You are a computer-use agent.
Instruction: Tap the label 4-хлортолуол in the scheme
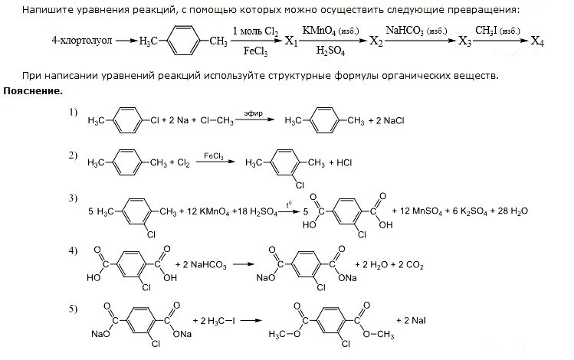[x=67, y=41]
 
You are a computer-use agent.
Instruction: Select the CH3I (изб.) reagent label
[x=497, y=31]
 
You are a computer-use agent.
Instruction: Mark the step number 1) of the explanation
[x=73, y=113]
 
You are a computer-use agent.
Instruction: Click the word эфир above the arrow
[x=253, y=113]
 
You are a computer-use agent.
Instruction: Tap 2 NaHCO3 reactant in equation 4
[x=202, y=264]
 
